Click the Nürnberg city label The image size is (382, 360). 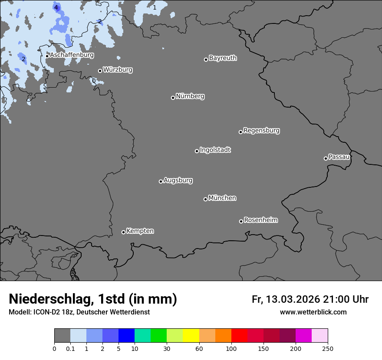(190, 96)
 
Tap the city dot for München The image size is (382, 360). (205, 199)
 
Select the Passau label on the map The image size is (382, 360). (339, 157)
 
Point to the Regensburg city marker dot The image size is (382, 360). (240, 132)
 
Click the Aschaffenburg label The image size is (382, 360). (72, 55)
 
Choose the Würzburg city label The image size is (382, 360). (118, 69)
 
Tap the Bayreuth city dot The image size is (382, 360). (206, 59)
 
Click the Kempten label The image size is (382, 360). (140, 231)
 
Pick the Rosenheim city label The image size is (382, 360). (260, 220)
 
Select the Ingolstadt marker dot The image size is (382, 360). (197, 151)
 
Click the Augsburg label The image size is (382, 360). (178, 180)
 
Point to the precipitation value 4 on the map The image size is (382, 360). (56, 7)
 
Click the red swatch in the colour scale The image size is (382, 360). (239, 336)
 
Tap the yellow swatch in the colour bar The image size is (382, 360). (191, 336)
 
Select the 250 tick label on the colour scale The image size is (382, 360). (328, 349)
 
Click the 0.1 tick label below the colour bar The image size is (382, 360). (70, 349)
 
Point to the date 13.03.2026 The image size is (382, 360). (293, 299)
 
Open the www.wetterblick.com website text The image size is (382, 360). (313, 312)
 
